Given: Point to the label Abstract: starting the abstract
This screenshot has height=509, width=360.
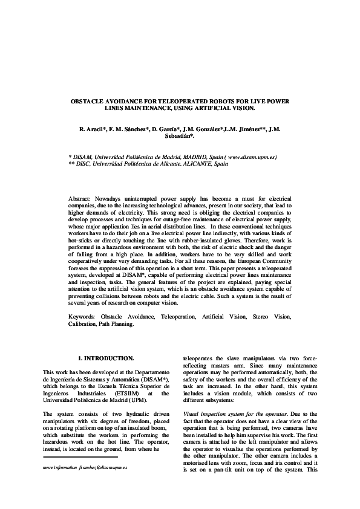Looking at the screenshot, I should (80, 198).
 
